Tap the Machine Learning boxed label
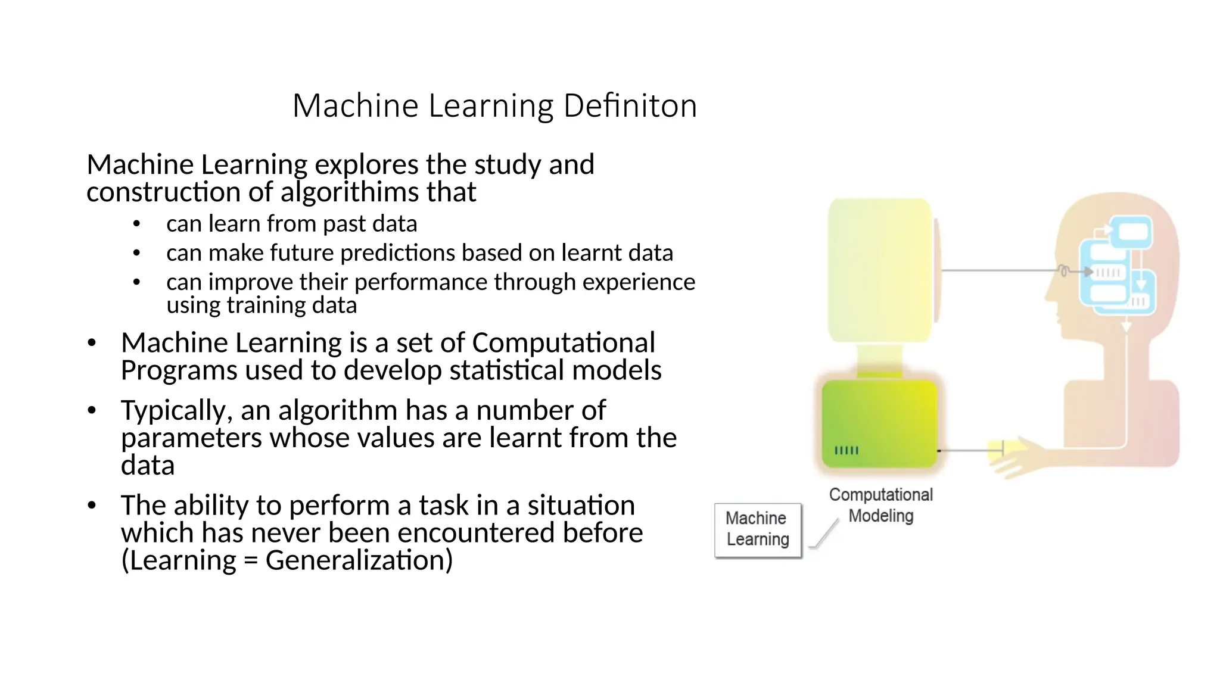758,529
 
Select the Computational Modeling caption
880,505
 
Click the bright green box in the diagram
879,423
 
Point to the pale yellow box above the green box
879,271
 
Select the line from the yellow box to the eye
1001,271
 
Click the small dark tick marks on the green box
846,450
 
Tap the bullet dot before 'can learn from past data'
136,224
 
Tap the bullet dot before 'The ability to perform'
91,506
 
